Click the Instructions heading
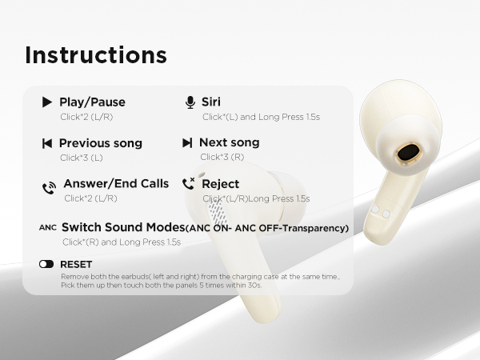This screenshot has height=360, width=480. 96,55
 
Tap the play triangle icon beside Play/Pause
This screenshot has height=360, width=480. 47,102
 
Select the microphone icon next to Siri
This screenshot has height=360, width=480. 190,102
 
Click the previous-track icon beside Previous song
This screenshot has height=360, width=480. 47,143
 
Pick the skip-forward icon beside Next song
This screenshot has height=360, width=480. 187,143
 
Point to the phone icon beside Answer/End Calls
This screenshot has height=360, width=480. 49,188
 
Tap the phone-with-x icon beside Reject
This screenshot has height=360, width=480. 189,184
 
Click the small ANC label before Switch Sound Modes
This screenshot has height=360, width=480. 48,228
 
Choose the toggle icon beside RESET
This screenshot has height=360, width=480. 46,264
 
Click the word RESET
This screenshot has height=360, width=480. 76,264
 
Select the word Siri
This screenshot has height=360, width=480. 211,102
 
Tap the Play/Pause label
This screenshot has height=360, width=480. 92,102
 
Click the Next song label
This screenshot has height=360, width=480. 229,143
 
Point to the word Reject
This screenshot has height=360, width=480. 221,184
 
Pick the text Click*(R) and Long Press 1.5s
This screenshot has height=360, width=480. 121,242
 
